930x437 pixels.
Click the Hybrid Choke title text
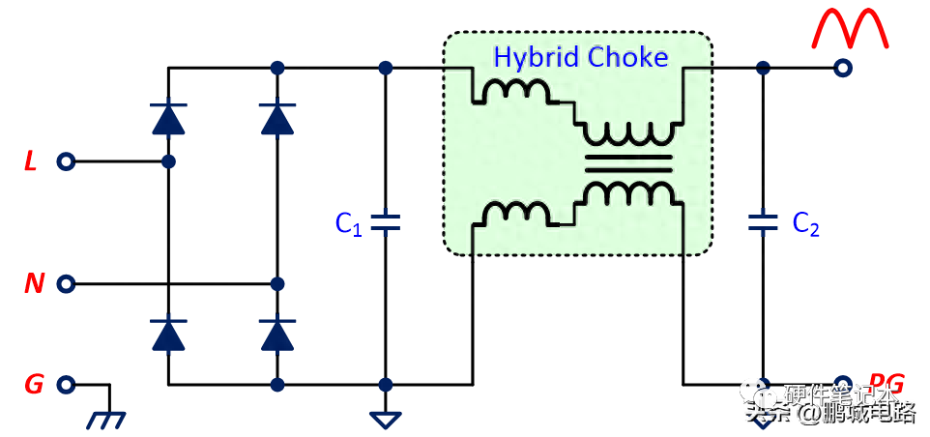(x=580, y=57)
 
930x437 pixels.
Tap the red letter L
(x=30, y=162)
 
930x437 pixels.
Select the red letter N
(x=34, y=284)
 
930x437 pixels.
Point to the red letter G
(x=34, y=385)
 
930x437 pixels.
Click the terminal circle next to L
(x=66, y=162)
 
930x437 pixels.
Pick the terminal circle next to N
(x=66, y=284)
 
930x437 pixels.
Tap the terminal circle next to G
(x=66, y=385)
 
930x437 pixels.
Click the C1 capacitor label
(x=348, y=224)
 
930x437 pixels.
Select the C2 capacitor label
(x=806, y=224)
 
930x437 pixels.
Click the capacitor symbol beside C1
(x=386, y=223)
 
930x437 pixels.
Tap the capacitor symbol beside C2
(x=763, y=223)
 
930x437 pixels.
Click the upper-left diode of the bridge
(x=169, y=118)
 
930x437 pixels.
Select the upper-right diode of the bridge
(x=277, y=118)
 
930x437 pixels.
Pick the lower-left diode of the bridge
(x=169, y=334)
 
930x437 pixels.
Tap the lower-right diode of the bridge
(x=277, y=334)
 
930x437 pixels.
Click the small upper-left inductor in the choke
(x=518, y=92)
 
